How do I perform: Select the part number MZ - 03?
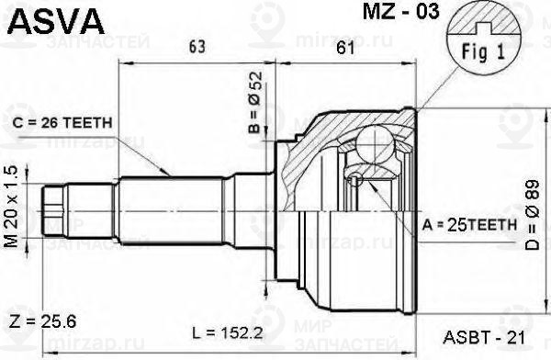pyautogui.click(x=401, y=11)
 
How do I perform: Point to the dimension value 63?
pyautogui.click(x=197, y=47)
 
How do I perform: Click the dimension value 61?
pyautogui.click(x=346, y=47)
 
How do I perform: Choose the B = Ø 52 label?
pyautogui.click(x=255, y=102)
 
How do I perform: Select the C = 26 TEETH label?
pyautogui.click(x=62, y=123)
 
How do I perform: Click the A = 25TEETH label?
pyautogui.click(x=469, y=225)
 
